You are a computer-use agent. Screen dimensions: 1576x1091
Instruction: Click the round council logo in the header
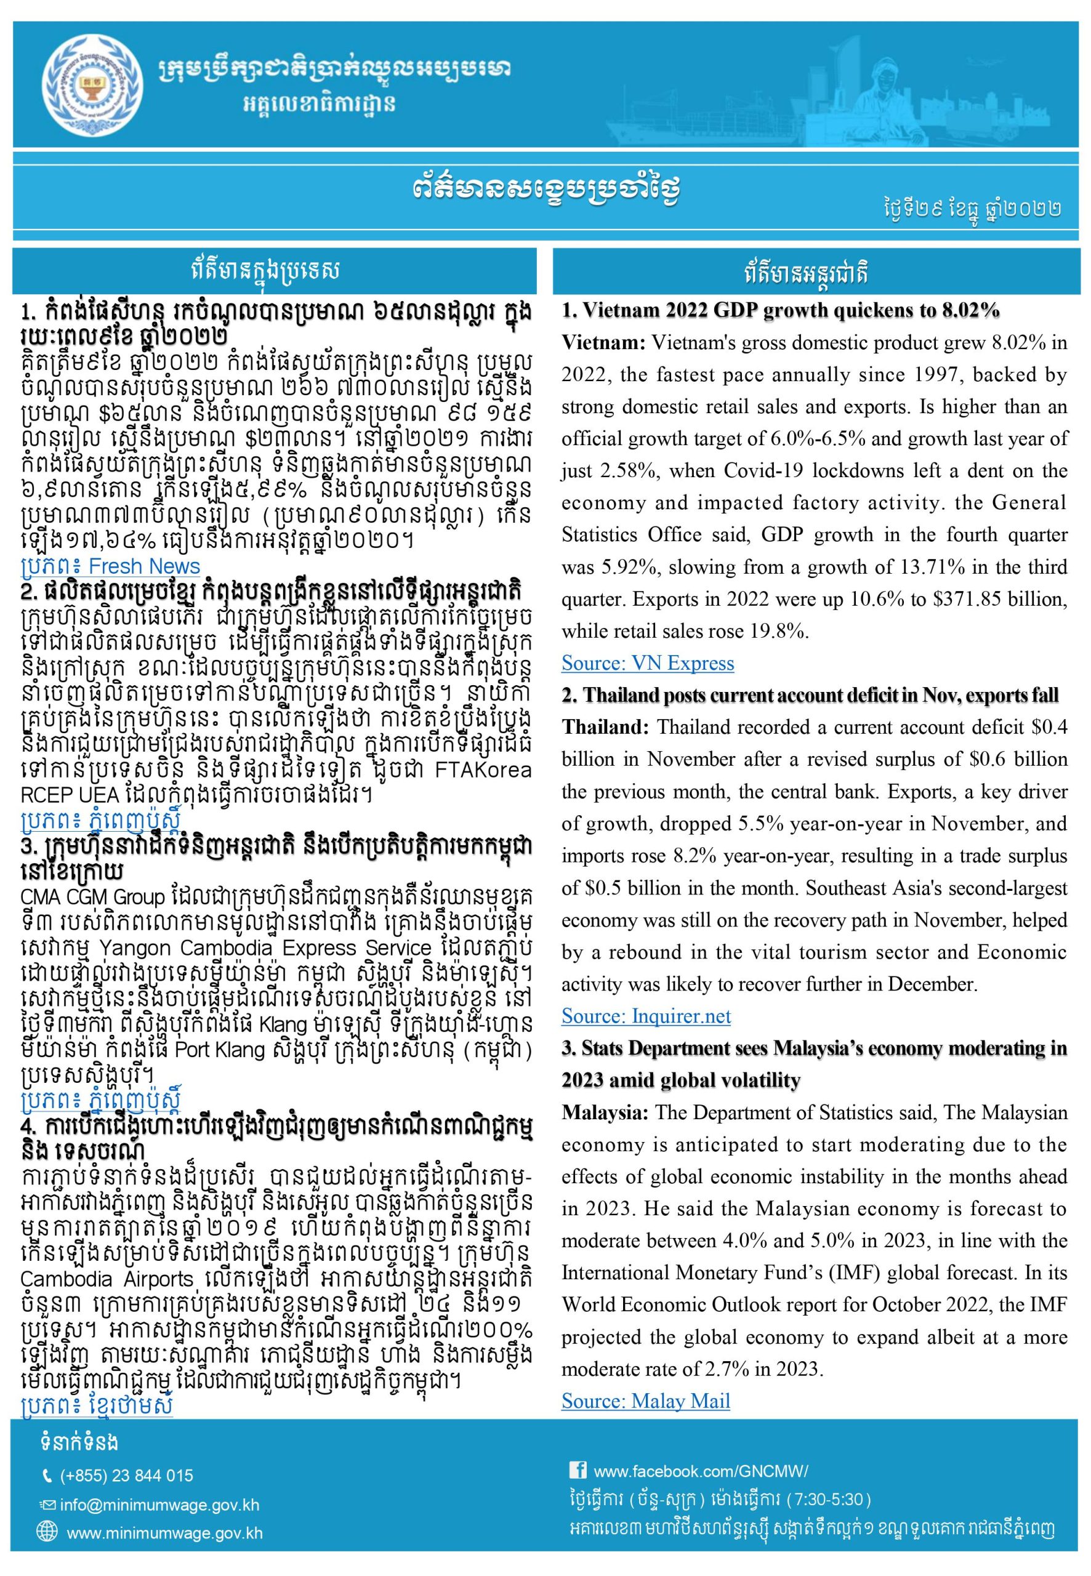coord(88,84)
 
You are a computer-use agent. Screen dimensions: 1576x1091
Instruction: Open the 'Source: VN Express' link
coord(647,663)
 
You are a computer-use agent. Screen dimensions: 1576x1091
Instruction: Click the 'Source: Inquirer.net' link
coord(646,1016)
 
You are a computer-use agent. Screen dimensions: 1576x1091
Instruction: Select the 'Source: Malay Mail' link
coord(645,1401)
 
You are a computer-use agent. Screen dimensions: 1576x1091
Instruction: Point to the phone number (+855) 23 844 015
coord(126,1476)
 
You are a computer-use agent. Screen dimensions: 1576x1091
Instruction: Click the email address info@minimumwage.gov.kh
coord(159,1505)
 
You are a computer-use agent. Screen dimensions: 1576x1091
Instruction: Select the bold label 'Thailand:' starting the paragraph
coord(606,727)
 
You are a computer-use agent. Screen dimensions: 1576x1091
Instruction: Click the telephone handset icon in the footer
coord(47,1476)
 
